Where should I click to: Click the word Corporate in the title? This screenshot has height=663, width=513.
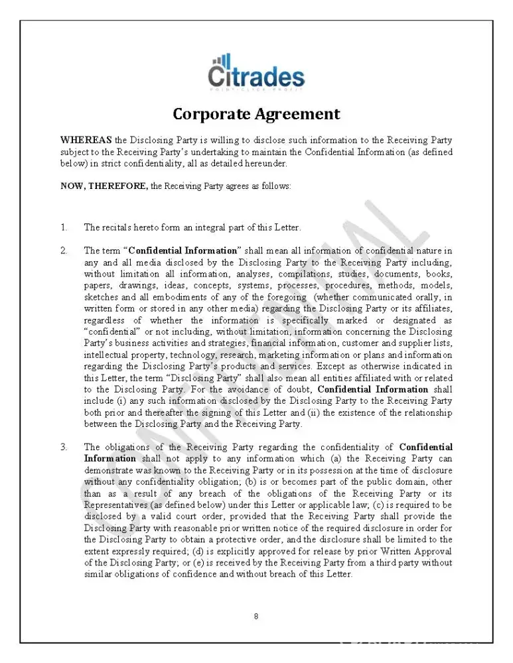coord(212,114)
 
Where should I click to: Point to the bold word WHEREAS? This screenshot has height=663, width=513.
coord(86,141)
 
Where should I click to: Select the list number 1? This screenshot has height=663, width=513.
coord(64,227)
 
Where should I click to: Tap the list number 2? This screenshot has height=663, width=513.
coord(64,251)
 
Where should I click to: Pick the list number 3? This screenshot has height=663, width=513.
coord(64,447)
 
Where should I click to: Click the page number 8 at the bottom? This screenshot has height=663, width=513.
coord(256,617)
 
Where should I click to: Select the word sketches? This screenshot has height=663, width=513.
coord(100,297)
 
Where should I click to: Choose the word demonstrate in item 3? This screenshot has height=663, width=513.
coord(108,470)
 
